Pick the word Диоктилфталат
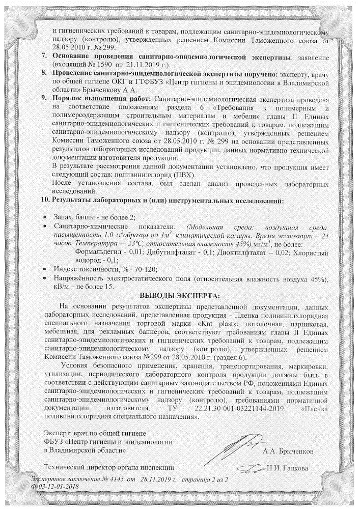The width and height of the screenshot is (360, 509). coord(242,251)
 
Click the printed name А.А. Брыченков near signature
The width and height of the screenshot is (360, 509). coord(287,450)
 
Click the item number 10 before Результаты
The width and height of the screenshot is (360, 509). coord(45,200)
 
